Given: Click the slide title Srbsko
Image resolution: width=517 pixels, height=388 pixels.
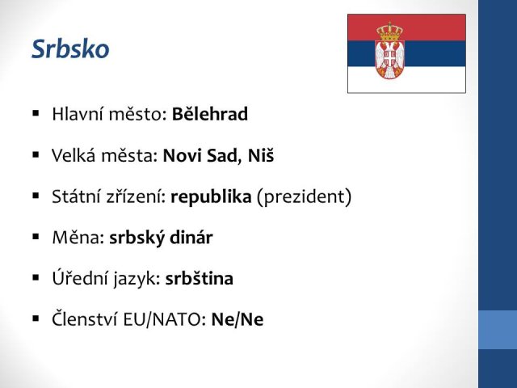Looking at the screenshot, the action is point(70,49).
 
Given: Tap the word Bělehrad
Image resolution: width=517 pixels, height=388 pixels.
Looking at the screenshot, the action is point(210,114).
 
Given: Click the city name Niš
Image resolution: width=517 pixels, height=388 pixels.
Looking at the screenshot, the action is point(260,155).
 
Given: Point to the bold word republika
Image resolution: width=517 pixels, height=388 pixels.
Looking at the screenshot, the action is point(211,197).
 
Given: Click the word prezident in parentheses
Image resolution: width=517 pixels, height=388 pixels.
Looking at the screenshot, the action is point(304,197).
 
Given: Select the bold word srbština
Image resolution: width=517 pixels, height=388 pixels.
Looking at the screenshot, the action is point(200,278).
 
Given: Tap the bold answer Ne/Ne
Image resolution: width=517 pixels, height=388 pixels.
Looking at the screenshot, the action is point(237,319).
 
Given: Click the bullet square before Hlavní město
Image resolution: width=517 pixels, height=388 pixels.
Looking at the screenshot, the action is point(36,113).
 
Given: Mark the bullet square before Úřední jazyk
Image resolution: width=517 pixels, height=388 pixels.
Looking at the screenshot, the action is point(36,278).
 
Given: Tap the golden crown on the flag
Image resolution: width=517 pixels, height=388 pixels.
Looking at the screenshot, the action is point(389,31).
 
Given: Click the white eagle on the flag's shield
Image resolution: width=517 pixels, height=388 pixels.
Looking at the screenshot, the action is point(389,58).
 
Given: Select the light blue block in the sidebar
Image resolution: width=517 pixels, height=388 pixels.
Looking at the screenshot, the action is point(498,330).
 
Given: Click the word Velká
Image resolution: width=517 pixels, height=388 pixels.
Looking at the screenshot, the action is point(72,155).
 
